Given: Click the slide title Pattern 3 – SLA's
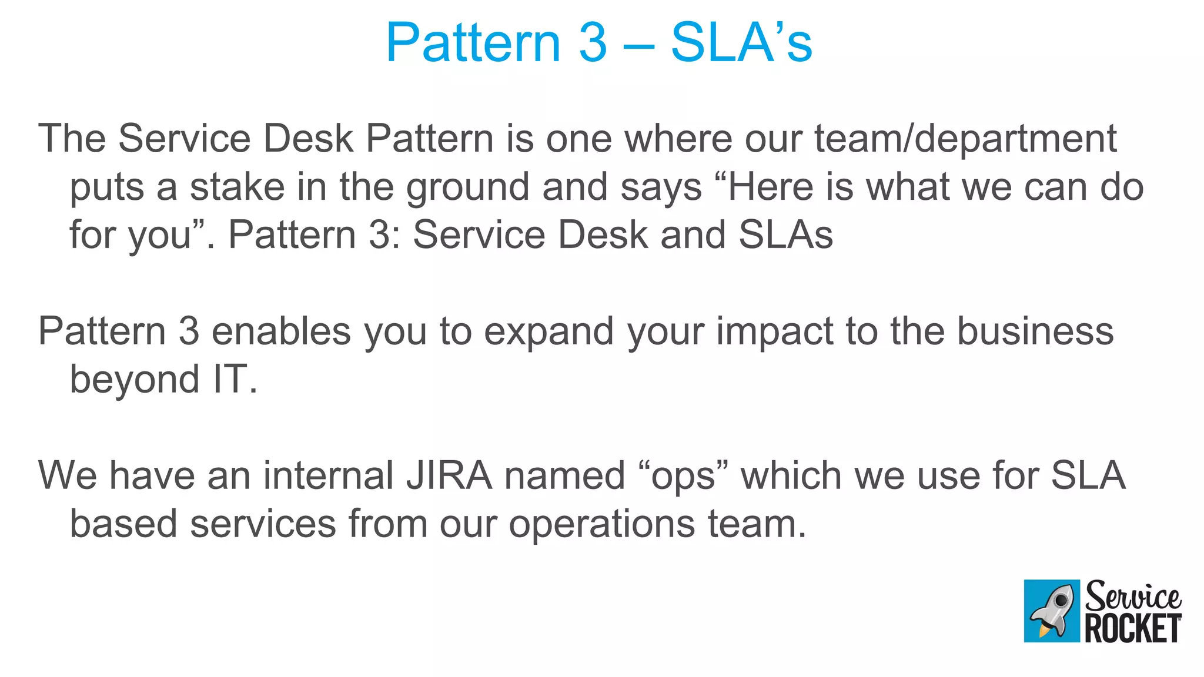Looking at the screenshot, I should [x=598, y=42].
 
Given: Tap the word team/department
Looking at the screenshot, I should [x=965, y=139].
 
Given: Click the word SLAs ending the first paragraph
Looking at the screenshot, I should [x=785, y=235].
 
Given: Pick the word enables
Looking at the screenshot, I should [x=281, y=331].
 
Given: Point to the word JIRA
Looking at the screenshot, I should [x=449, y=475].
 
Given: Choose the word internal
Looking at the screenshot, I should [x=328, y=475].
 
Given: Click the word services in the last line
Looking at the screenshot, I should [x=263, y=524].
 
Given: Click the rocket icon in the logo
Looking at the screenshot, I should [x=1052, y=611].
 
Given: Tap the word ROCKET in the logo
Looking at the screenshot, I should [x=1132, y=629].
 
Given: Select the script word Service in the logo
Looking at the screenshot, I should [x=1132, y=596].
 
